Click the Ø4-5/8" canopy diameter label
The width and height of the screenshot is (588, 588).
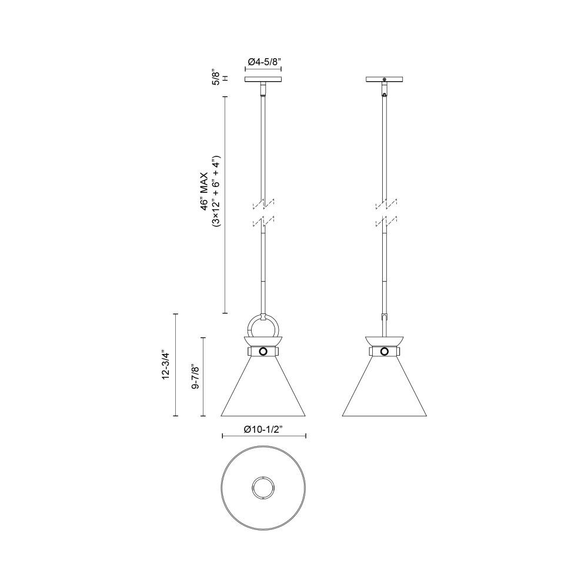point(263,62)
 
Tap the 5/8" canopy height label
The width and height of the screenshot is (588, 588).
point(216,76)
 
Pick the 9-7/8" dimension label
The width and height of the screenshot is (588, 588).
point(195,376)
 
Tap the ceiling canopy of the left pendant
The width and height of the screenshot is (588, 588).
point(263,79)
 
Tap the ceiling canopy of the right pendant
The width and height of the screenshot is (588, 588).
point(385,79)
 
